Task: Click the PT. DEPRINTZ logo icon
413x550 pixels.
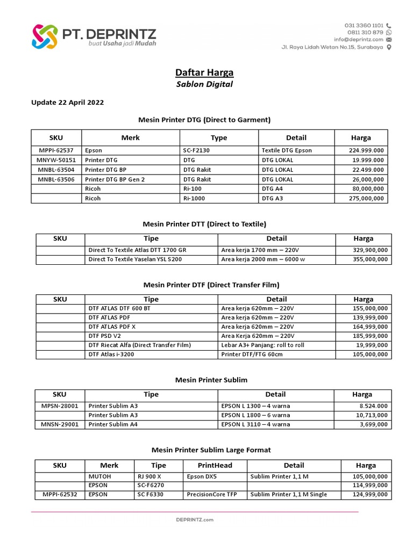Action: (44, 37)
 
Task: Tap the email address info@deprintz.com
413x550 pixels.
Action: (358, 39)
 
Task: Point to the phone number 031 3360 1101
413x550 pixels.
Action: (364, 25)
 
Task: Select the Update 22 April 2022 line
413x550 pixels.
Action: (68, 103)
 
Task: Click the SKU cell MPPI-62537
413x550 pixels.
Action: (56, 151)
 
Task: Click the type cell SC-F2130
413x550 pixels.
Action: (197, 151)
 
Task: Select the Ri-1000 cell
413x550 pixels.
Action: (195, 198)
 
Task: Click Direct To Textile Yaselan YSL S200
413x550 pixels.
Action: (135, 259)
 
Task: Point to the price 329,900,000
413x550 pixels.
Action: (368, 250)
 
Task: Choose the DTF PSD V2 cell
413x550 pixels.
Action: (105, 336)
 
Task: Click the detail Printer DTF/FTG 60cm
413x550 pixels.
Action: (252, 354)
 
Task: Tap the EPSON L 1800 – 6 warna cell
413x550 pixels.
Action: (255, 415)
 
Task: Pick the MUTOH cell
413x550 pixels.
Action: (99, 476)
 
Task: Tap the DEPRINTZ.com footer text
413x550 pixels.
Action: (195, 520)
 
